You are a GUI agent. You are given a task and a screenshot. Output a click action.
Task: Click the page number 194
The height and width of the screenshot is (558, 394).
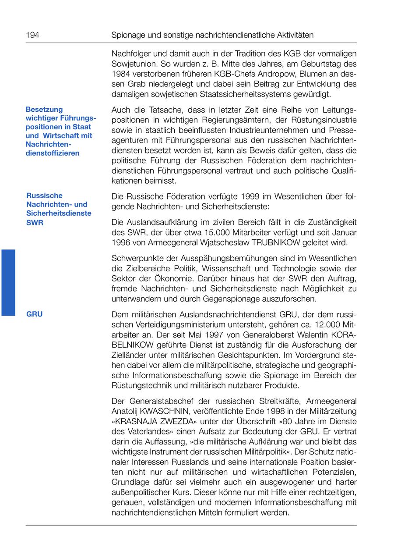pos(32,35)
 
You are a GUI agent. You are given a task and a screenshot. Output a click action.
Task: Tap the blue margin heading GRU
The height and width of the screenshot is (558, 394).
pos(35,314)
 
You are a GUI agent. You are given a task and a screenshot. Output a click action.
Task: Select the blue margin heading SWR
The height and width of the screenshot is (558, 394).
pos(35,222)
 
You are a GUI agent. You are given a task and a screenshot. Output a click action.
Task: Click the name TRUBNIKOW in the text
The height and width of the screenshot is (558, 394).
pos(275,242)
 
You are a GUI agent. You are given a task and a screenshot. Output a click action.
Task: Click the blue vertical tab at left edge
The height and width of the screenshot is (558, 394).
pos(8,282)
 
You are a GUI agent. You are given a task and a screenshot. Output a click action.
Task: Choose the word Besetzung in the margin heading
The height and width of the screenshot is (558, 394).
pos(44,109)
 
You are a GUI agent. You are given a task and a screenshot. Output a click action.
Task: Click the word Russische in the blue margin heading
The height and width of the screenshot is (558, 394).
pos(45,195)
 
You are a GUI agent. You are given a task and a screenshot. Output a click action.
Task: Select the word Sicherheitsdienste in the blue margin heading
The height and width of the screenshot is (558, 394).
pos(59,213)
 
